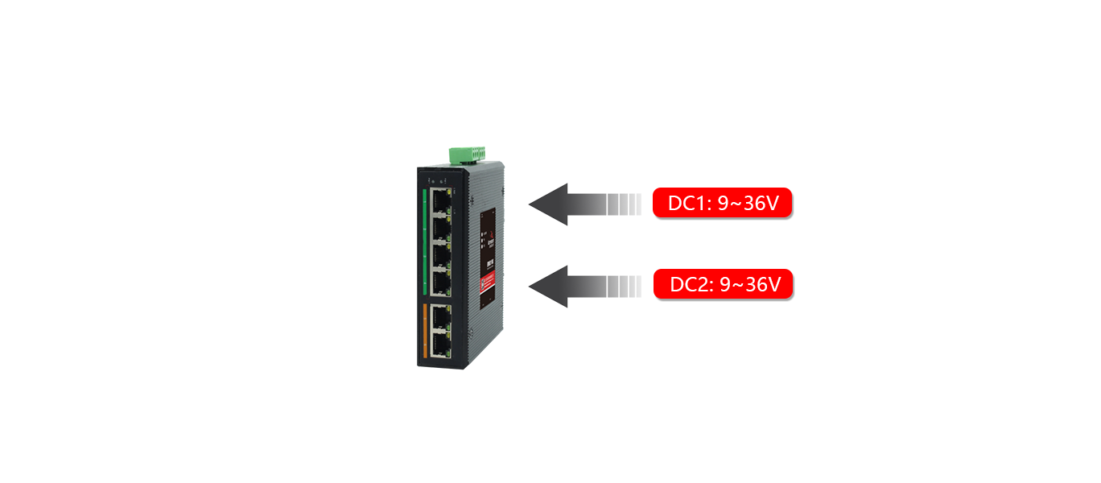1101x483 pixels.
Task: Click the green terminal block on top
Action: (x=469, y=154)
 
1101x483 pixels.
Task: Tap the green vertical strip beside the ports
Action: (x=423, y=242)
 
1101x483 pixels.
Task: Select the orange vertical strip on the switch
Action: (x=423, y=331)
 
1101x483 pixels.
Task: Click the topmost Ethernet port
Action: (x=439, y=198)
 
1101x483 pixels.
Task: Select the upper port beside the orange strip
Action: (x=439, y=316)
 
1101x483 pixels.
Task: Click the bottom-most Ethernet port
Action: (x=439, y=344)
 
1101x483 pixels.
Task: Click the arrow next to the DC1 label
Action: (x=584, y=204)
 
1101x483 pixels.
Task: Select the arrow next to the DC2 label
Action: (x=584, y=286)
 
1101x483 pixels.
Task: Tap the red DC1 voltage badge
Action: (x=723, y=204)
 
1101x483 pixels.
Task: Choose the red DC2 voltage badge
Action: (x=723, y=284)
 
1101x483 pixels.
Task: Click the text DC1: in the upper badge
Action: (x=689, y=204)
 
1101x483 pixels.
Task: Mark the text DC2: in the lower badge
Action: (x=691, y=284)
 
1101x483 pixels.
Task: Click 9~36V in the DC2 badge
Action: (x=750, y=284)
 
